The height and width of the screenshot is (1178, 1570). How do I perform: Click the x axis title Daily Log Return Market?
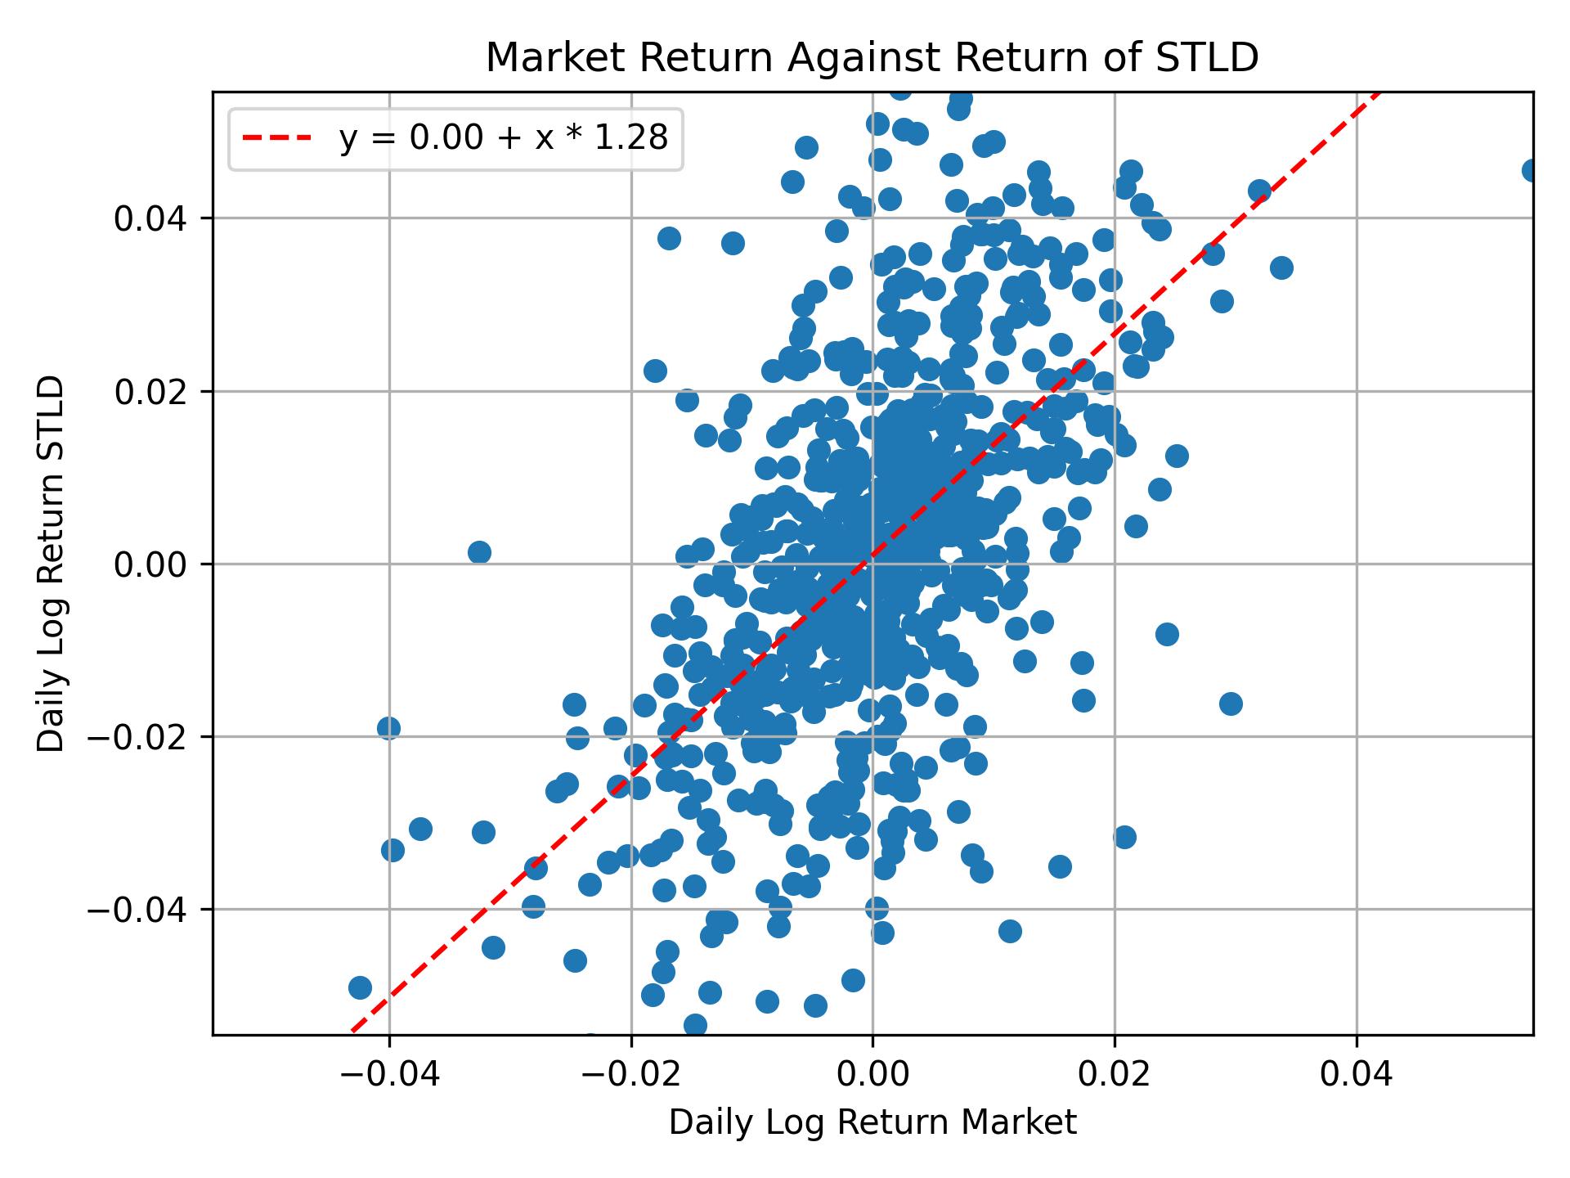pos(872,1123)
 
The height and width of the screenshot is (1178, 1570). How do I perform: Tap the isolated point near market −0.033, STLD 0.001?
pos(479,552)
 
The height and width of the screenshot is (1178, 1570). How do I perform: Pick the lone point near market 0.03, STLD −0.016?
pos(1231,704)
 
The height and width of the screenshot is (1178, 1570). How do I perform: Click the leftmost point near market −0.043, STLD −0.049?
pos(360,987)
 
